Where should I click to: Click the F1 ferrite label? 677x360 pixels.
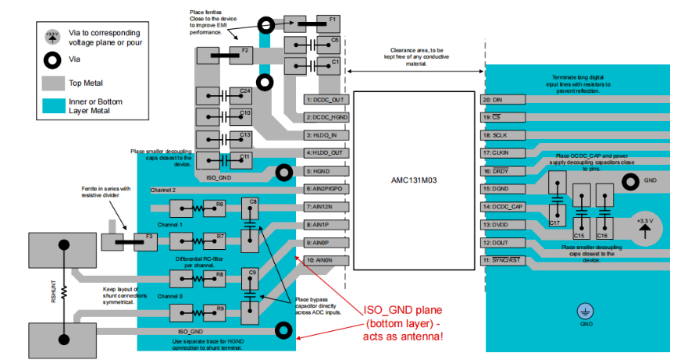pyautogui.click(x=333, y=19)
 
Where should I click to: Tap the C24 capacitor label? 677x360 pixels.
pyautogui.click(x=245, y=91)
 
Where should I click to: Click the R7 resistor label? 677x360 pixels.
pyautogui.click(x=220, y=236)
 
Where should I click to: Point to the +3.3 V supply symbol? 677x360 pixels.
pyautogui.click(x=644, y=225)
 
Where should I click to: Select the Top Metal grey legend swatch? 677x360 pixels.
pyautogui.click(x=53, y=82)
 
